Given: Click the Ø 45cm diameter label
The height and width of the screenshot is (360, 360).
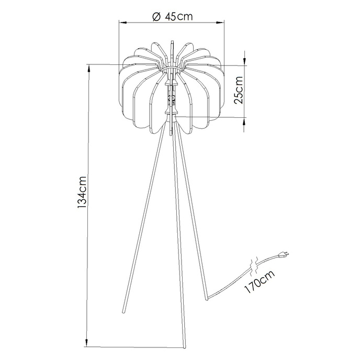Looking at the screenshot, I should (171, 16).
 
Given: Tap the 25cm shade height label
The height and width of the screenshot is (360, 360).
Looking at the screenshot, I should (238, 91).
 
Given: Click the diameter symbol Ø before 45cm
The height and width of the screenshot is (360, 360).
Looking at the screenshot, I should (155, 16).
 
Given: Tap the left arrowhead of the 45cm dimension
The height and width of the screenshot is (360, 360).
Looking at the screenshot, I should (121, 22).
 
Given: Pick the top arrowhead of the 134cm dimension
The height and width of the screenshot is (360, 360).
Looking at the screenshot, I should (89, 66).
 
